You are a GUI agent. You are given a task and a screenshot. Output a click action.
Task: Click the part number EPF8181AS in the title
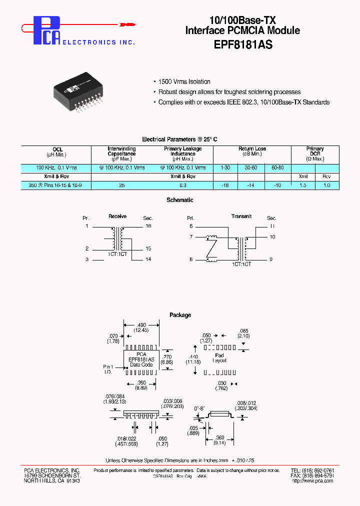(242, 43)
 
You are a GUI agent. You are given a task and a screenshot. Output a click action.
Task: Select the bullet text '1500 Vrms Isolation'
(184, 82)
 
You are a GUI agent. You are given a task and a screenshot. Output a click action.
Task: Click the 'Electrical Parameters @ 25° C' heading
(180, 139)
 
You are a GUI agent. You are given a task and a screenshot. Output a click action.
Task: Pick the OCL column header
(56, 149)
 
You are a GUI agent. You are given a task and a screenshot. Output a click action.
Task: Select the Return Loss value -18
(225, 185)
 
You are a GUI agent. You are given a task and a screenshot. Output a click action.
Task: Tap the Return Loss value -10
(277, 185)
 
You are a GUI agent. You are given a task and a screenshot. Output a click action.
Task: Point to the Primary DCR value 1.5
(303, 185)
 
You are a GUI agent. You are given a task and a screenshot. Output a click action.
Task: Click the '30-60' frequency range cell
(251, 167)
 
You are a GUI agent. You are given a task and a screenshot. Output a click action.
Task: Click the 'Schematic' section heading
(180, 200)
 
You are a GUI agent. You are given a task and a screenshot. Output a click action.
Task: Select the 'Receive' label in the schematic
(117, 216)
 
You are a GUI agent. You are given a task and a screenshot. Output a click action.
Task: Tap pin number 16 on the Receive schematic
(148, 226)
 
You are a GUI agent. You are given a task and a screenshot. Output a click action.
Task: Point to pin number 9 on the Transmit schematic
(271, 259)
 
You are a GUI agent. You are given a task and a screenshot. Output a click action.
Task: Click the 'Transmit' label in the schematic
(241, 216)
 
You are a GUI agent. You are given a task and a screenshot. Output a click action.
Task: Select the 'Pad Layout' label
(219, 357)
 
